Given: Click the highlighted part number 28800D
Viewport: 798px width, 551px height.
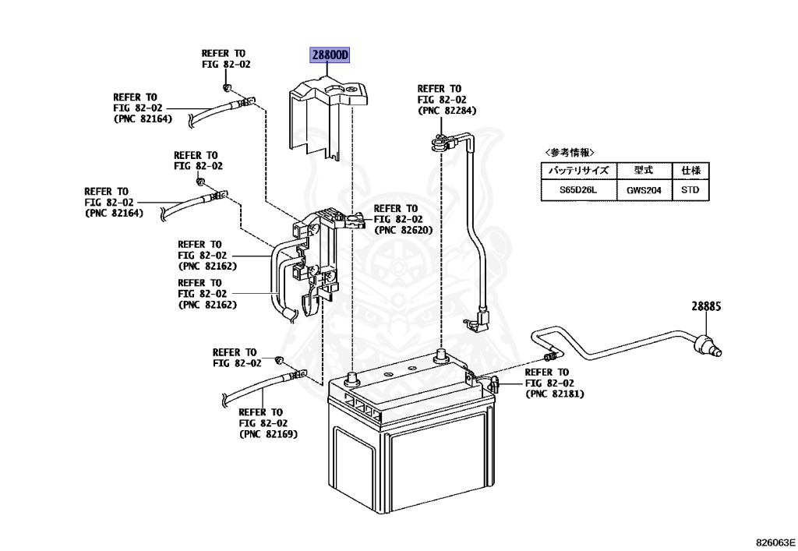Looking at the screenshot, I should point(331,55).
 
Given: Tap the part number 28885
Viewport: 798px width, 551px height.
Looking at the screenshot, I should point(706,307).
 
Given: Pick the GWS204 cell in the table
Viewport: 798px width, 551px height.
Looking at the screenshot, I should point(644,189).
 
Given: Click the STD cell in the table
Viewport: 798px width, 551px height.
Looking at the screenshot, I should point(690,189).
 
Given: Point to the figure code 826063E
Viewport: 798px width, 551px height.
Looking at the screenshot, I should point(775,541).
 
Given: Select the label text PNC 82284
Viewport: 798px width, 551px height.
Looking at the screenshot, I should point(447,111).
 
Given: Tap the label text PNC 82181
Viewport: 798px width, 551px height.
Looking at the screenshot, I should point(554,394).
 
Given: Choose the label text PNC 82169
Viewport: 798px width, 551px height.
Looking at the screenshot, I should point(268,434).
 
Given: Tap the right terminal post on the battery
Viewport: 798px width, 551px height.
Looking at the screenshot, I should point(441,356).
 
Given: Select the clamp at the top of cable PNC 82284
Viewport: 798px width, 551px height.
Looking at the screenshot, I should point(440,142).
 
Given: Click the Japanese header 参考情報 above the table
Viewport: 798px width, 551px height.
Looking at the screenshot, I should point(569,152).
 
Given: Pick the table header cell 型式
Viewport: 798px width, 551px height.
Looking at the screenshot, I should point(644,170).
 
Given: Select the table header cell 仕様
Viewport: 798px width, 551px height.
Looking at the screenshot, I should point(690,170).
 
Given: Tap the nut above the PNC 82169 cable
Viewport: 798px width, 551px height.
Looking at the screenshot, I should point(278,362).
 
